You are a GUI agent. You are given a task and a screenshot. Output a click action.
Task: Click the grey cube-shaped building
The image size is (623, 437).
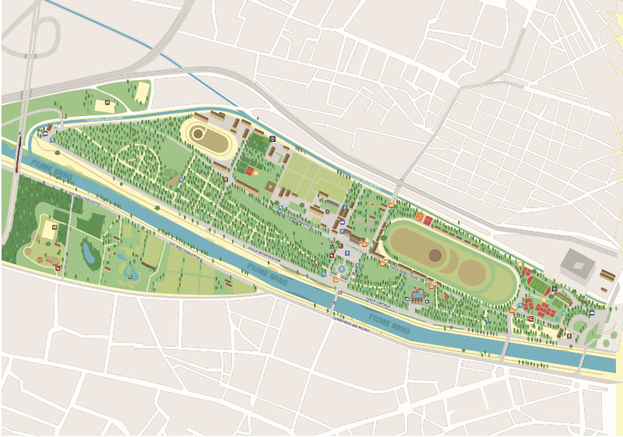(577, 267)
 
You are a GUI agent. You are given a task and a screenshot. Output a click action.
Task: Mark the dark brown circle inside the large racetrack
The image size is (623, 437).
(435, 255)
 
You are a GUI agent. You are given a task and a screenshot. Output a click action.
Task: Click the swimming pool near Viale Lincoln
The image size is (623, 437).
(418, 294)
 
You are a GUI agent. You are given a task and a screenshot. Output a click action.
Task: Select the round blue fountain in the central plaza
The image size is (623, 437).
(341, 269)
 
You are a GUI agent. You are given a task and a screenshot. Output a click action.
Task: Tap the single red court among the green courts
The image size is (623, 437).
(249, 170)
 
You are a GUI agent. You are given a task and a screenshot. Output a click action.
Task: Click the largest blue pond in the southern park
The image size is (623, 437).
(91, 253)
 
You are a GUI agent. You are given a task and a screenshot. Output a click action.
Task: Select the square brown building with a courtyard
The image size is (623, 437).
(270, 188)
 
